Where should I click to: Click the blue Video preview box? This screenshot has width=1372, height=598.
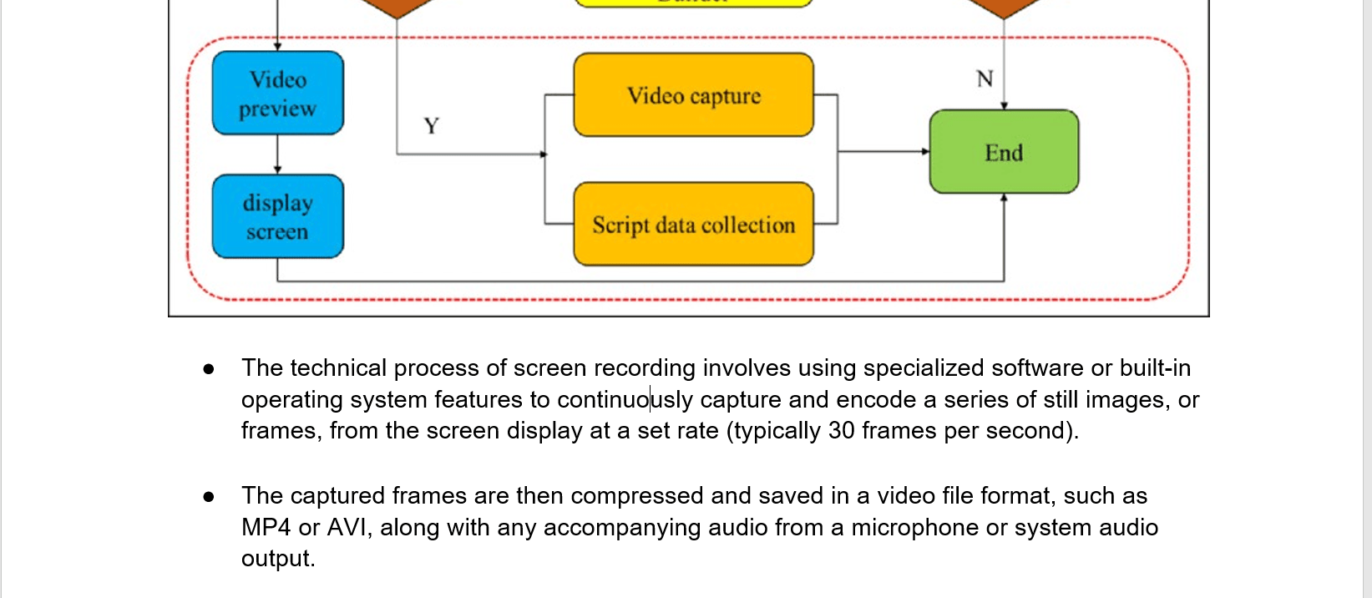[277, 93]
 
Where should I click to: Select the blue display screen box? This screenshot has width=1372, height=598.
[277, 216]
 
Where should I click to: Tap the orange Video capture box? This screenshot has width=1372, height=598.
[693, 95]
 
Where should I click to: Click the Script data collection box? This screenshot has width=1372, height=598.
[693, 224]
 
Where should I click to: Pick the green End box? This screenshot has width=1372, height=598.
[1004, 152]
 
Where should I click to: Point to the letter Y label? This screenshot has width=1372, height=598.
[431, 126]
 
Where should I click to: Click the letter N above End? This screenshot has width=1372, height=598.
[985, 79]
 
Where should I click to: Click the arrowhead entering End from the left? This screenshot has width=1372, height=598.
[925, 152]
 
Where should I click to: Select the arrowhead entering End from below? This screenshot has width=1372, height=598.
[1004, 198]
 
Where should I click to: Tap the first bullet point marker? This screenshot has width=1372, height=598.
[209, 369]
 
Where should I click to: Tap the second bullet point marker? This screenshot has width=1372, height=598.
[209, 497]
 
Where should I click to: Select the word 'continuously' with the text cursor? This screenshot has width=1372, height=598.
[625, 400]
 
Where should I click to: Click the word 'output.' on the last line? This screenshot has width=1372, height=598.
[278, 559]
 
